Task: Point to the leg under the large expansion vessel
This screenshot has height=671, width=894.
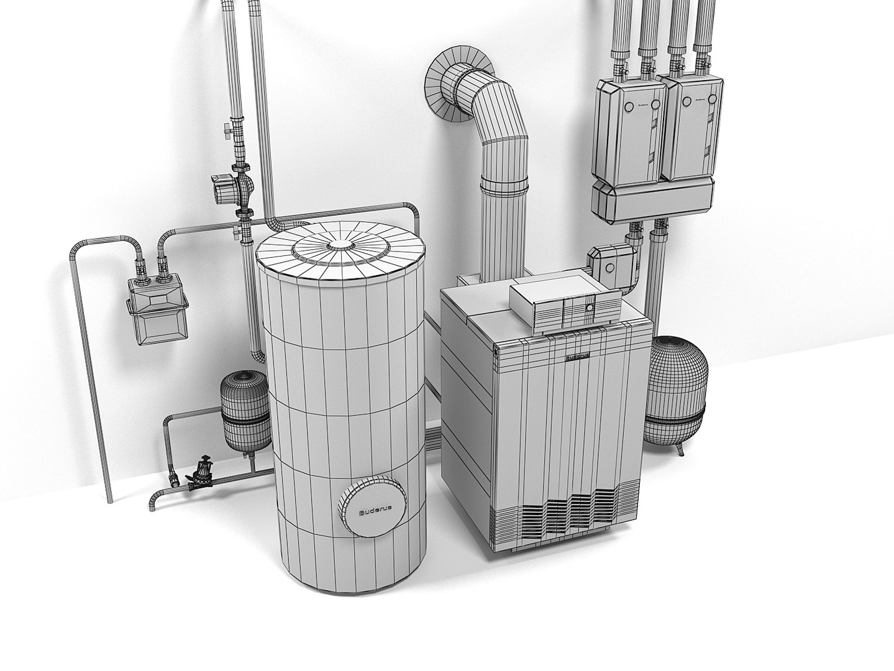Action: (682, 450)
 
